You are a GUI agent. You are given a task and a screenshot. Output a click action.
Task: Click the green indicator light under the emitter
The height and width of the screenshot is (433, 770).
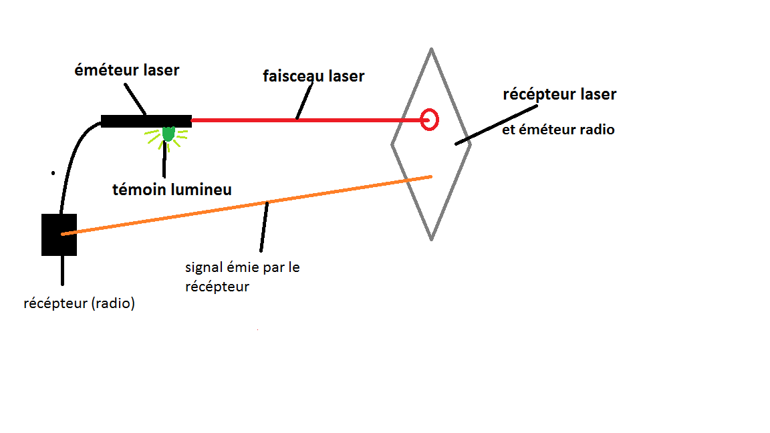click(168, 134)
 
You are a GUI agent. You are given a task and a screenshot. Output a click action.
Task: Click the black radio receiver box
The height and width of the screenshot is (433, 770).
click(59, 235)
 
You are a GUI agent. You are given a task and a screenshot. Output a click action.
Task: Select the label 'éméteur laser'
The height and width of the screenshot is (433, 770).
click(126, 69)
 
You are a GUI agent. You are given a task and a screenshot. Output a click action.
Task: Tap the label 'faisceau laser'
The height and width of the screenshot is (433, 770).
click(313, 76)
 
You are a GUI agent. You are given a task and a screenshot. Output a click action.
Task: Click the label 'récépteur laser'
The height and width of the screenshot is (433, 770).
click(559, 94)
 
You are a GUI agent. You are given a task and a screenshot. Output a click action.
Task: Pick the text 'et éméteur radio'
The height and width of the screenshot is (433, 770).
click(558, 130)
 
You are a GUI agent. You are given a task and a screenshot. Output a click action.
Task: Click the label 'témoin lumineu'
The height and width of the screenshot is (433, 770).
click(172, 190)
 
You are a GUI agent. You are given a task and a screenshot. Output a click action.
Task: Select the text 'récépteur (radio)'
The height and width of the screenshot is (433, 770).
click(79, 303)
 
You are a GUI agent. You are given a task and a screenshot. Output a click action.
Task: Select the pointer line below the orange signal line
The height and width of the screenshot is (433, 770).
click(265, 227)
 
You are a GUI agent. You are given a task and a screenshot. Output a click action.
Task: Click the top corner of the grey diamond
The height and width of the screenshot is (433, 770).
click(432, 49)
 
